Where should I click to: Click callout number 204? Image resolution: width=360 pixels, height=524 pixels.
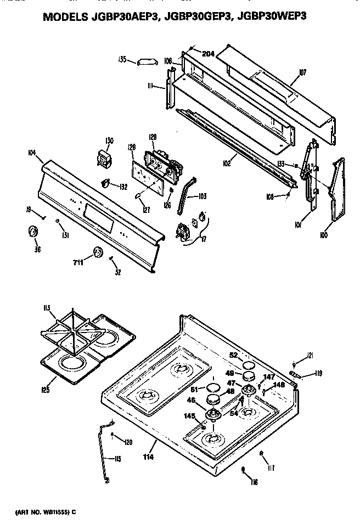(207, 54)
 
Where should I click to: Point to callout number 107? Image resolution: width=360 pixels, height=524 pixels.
(303, 72)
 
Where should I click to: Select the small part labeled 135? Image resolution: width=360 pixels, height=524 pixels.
(147, 61)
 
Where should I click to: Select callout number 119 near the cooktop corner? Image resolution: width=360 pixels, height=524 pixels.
(317, 375)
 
